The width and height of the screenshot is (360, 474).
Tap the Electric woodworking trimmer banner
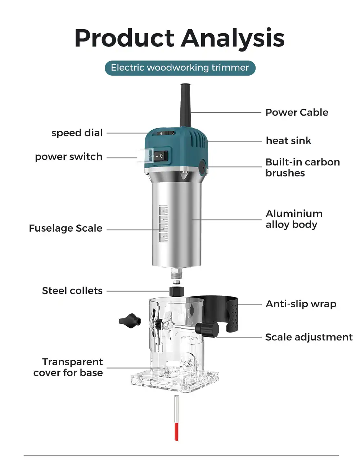pos(180,68)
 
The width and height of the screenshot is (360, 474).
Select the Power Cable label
pos(297,112)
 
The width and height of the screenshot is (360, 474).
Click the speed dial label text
pos(77,133)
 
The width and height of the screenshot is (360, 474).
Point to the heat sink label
pos(289,140)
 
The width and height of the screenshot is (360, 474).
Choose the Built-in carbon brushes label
pos(303,167)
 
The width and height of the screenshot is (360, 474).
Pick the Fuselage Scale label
pos(66,228)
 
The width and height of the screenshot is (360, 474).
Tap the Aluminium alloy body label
pos(294,219)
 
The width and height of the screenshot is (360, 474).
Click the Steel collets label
pos(72,291)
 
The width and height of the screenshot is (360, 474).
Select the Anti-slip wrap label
pos(301,304)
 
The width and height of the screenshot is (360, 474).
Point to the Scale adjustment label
pos(309,337)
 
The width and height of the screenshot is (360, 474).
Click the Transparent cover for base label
pos(68,367)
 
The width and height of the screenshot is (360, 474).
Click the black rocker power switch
pos(161,156)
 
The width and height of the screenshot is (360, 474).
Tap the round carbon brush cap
pos(202,167)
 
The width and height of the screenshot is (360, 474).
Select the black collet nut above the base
pos(176,291)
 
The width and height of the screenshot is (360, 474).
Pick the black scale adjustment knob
pos(207,329)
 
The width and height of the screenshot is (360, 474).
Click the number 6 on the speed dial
pos(161,134)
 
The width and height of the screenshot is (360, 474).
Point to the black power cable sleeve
pos(186,105)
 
